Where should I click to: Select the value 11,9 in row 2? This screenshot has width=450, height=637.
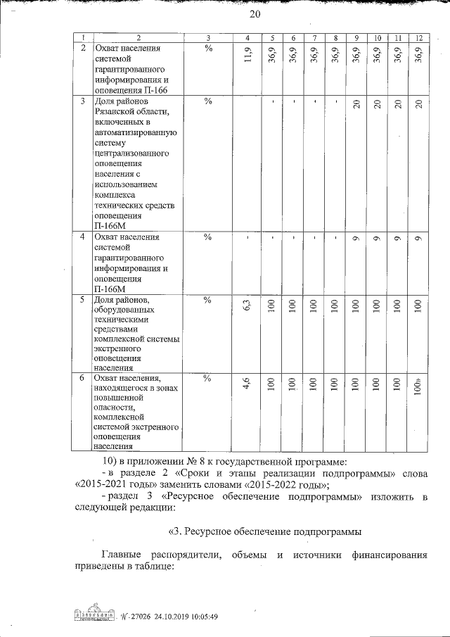coord(246,53)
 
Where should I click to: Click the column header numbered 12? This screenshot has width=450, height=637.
coord(418,37)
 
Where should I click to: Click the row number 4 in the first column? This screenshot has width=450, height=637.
coord(83,237)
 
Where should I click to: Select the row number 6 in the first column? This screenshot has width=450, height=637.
coord(83,378)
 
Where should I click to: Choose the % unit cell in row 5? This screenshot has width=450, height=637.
coord(208,301)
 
